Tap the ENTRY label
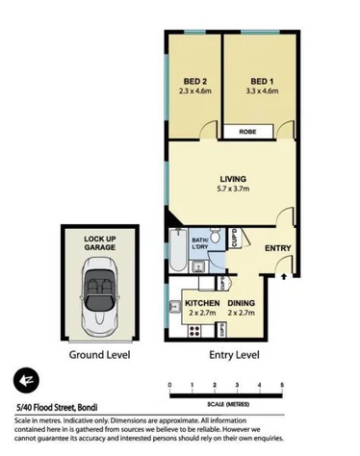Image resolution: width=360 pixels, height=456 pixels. click(278, 248)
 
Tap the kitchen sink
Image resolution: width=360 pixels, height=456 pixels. click(172, 308)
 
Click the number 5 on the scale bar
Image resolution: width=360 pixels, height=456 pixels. click(282, 385)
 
